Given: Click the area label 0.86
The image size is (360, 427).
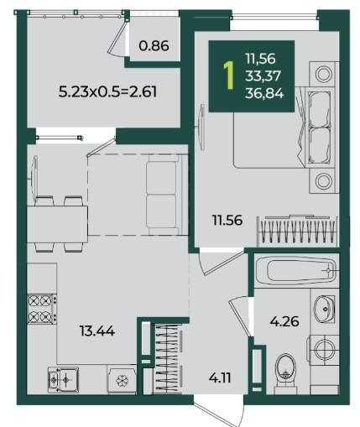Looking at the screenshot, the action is point(154,45).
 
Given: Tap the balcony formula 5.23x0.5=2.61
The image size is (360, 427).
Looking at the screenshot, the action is point(107,91).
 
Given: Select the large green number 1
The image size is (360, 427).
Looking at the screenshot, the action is point(229,76).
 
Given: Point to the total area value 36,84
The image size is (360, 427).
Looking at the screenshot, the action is point(264,93).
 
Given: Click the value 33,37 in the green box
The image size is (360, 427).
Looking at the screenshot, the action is point(263,76).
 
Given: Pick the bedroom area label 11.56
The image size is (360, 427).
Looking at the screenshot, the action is point(227,220).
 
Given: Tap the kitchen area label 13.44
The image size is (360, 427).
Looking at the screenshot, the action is point(97,331).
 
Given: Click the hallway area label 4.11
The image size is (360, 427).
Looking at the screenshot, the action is point(220,378).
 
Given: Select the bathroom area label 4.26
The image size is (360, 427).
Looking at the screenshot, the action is point(284,321).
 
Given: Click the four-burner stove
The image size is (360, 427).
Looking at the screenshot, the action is point(42,309).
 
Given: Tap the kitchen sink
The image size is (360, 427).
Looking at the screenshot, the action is point(63,379).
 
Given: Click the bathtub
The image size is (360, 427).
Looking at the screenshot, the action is point(297,271).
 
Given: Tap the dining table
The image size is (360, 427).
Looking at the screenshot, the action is point(57,224).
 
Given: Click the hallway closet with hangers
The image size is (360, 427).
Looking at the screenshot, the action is point(167,358).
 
